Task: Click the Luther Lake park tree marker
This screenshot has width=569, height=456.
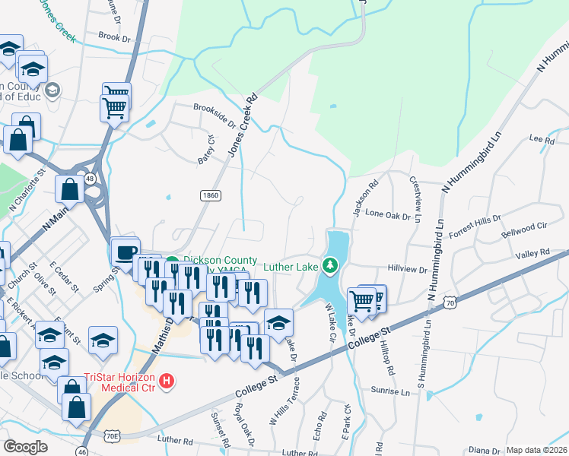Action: pos(329,265)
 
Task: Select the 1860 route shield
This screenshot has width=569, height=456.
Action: pos(211,195)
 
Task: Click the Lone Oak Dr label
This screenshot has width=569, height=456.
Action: pos(389,216)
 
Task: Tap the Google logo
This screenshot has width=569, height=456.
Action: pos(25,446)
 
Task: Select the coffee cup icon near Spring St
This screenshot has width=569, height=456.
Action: pos(126,252)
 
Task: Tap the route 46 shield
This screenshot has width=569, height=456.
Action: pos(81,450)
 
